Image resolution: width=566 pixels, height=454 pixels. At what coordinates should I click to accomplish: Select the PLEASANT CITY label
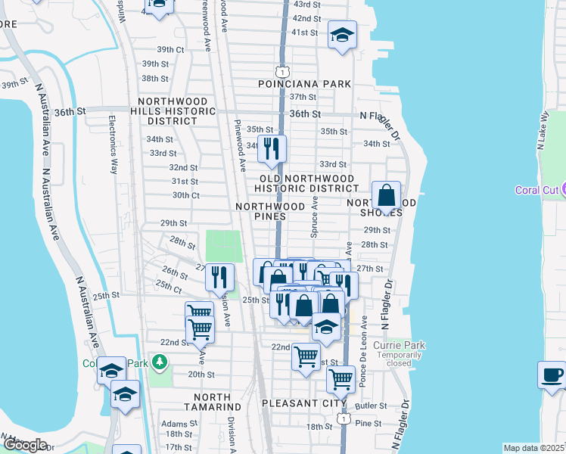click(x=298, y=403)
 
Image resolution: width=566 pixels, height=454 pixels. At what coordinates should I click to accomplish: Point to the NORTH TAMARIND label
click(x=217, y=403)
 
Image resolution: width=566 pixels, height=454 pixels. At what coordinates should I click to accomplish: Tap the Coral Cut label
click(x=536, y=189)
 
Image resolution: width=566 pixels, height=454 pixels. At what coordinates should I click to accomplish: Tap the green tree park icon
click(x=159, y=363)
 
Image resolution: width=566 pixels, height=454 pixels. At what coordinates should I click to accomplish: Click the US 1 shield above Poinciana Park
click(x=281, y=71)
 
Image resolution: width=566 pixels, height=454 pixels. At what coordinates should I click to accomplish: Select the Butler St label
click(x=370, y=406)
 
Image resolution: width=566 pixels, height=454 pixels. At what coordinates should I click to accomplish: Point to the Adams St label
click(x=179, y=424)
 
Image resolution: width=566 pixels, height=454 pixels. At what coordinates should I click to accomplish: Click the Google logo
click(x=24, y=445)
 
